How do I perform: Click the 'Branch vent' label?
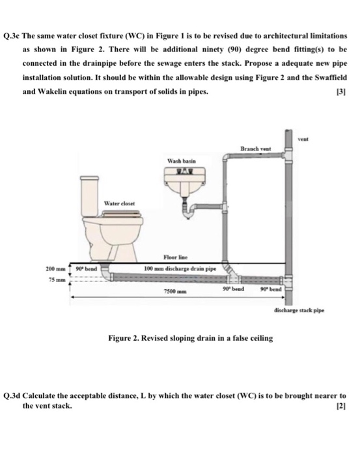[254, 149]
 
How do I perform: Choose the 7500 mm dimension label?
[172, 292]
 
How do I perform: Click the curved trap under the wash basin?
[193, 208]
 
